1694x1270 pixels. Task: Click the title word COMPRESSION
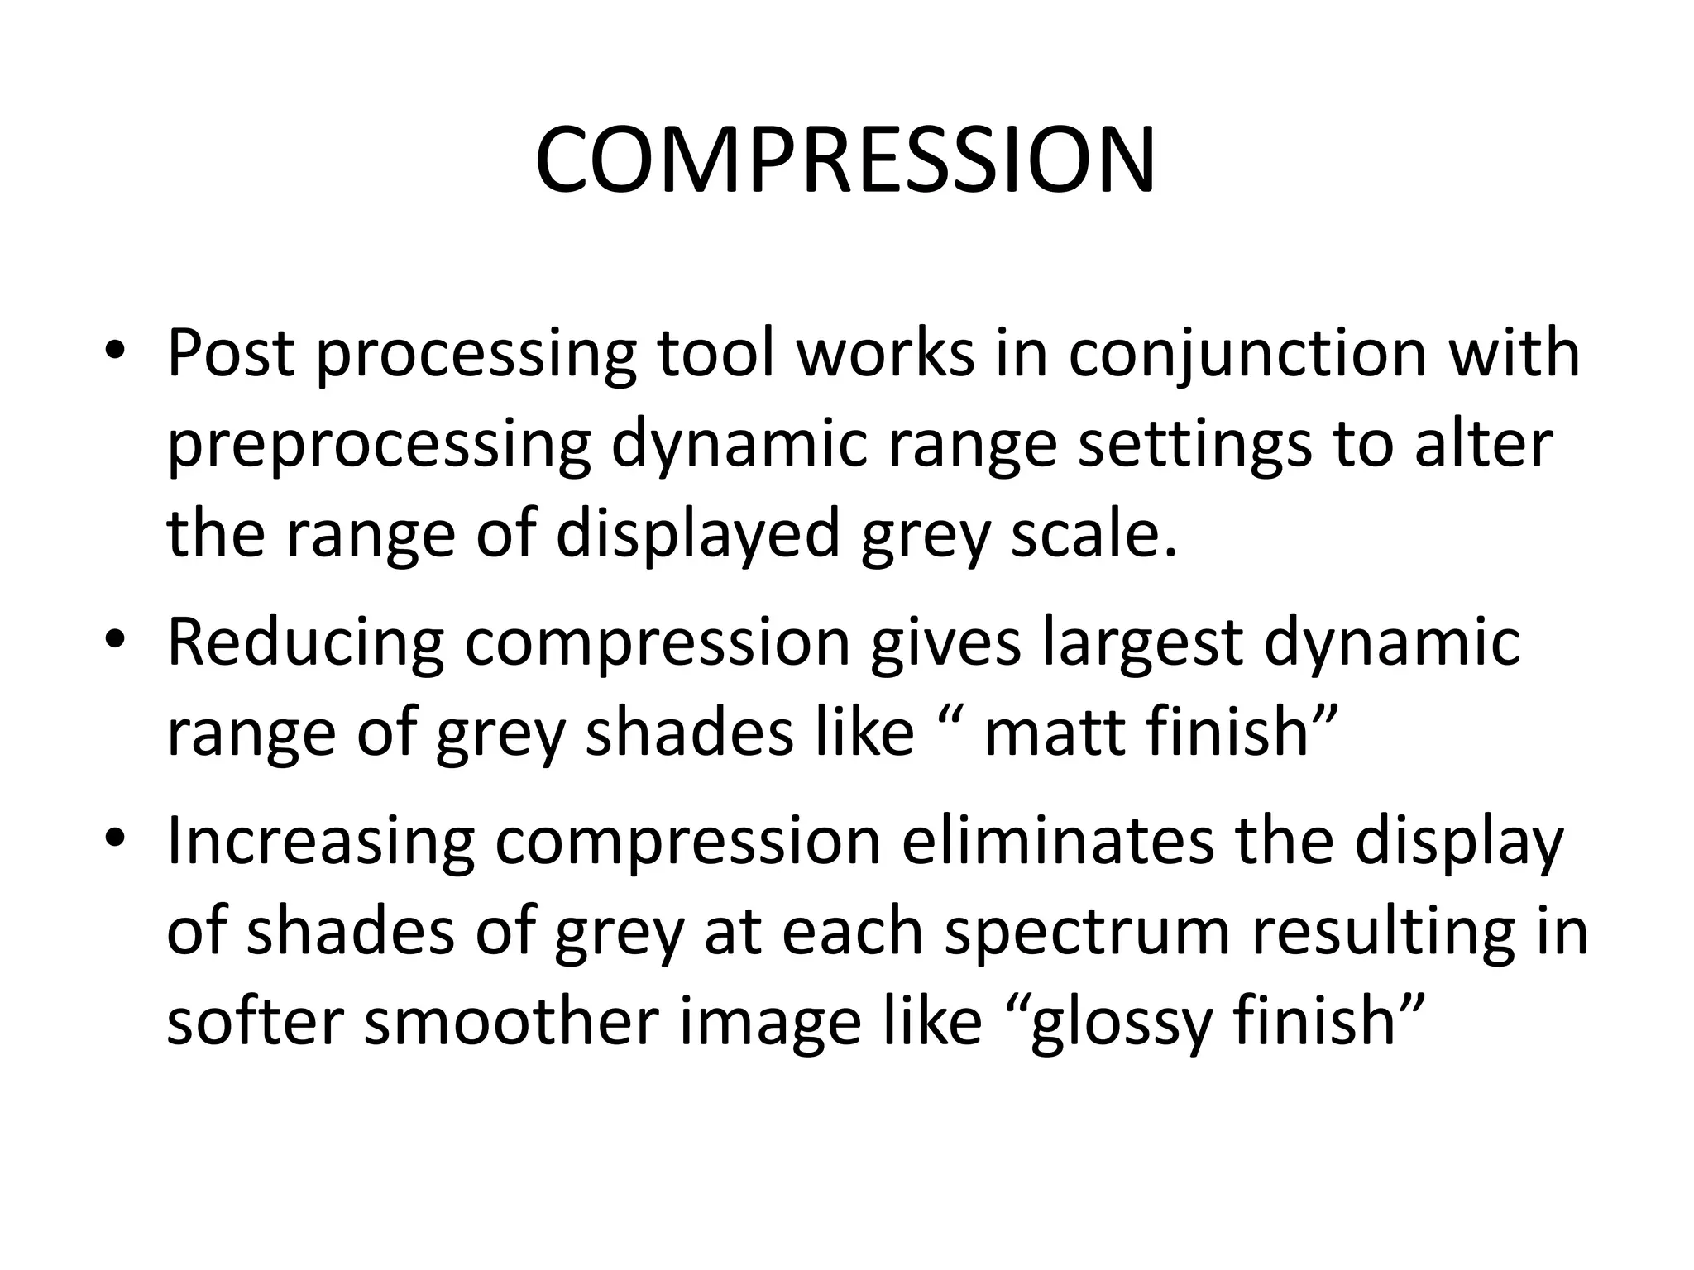coord(845,162)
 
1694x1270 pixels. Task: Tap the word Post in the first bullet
coord(231,353)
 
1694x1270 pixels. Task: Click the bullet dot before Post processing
coord(115,355)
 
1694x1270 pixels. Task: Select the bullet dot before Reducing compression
coord(115,642)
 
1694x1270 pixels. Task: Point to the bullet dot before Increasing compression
coord(115,841)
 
